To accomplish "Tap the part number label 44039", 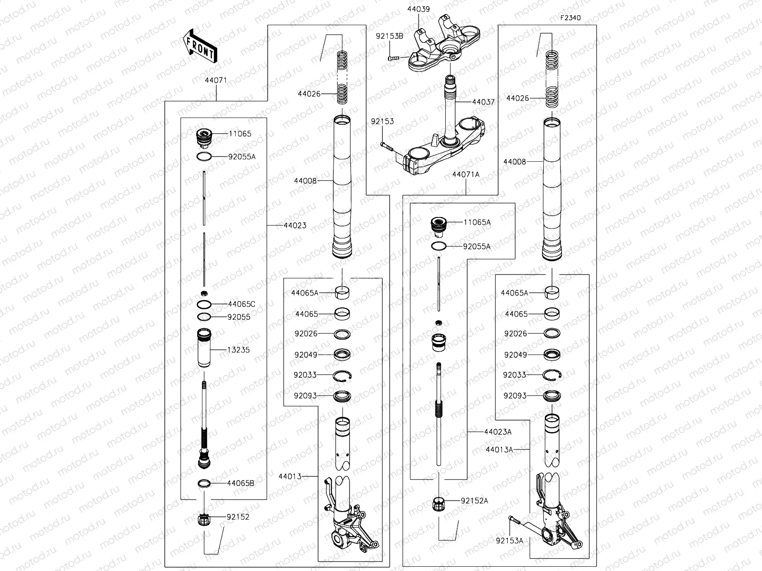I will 418,9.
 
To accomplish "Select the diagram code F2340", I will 570,18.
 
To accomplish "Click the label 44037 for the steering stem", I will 483,102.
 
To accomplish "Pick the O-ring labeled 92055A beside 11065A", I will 439,246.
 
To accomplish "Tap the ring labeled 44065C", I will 204,304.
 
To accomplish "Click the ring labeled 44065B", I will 204,483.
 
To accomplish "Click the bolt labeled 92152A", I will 438,503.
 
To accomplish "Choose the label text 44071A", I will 466,175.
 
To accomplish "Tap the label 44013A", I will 500,449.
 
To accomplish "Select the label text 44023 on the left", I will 295,225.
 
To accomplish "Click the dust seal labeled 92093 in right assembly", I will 552,395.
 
